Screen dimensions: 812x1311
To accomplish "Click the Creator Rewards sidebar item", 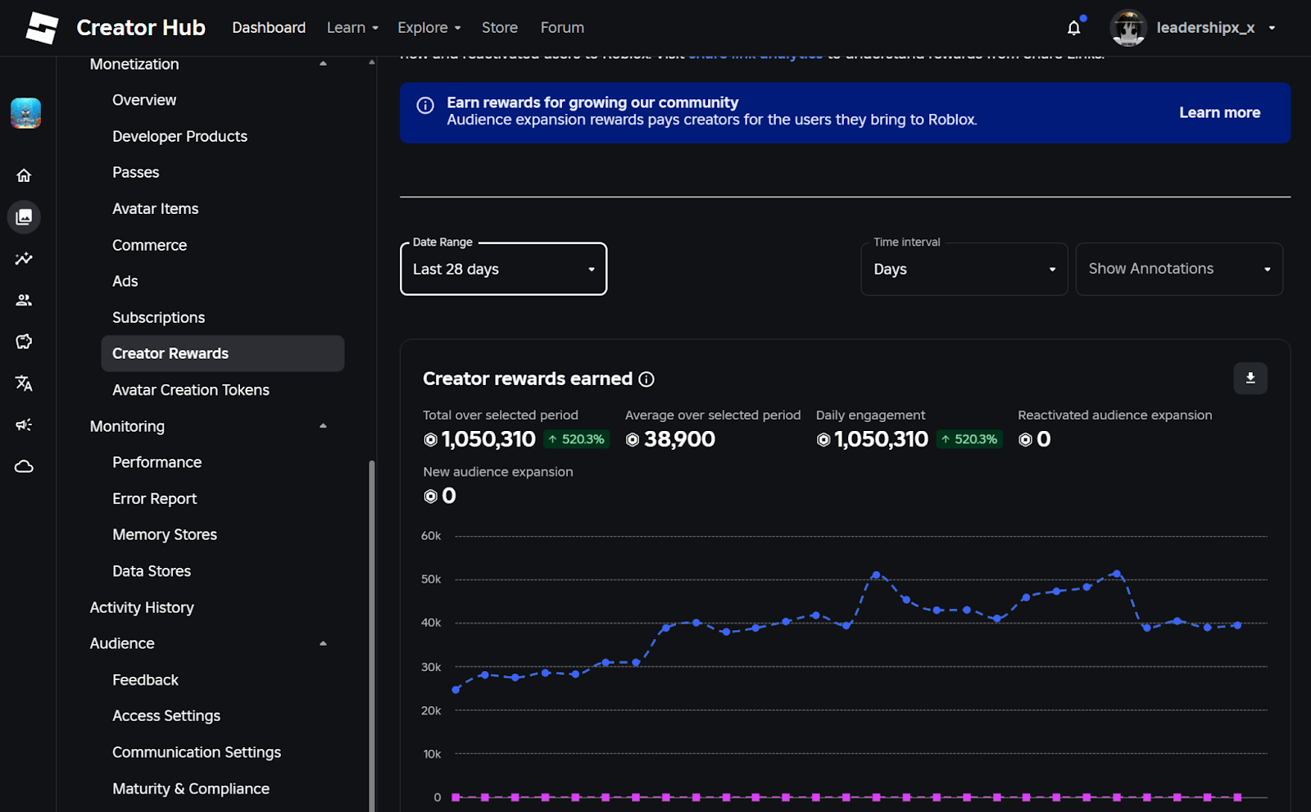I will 170,353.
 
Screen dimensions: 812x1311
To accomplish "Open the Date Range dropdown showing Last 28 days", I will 503,269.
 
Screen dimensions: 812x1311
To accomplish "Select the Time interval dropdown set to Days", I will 964,269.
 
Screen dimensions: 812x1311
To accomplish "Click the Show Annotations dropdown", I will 1178,269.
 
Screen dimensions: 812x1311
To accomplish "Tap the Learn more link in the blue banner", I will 1219,112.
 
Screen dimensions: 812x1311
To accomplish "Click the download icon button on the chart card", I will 1250,378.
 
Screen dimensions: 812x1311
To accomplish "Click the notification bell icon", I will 1073,28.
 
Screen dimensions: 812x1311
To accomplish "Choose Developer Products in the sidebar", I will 179,136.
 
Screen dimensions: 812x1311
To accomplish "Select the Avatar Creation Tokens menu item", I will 191,390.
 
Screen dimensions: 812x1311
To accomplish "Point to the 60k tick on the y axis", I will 431,536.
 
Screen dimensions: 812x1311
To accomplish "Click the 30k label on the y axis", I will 431,667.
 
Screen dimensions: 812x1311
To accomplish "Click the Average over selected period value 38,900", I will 679,439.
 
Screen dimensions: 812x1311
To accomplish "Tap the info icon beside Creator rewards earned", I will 646,379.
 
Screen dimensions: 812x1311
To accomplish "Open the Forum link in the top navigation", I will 562,28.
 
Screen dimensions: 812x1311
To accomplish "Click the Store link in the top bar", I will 499,28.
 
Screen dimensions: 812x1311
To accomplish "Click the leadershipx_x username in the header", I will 1204,28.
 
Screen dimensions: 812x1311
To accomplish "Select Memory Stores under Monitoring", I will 165,534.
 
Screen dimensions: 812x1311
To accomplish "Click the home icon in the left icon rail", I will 24,175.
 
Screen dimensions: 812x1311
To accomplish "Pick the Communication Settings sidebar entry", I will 197,752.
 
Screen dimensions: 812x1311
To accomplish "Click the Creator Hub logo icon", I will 42,28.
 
